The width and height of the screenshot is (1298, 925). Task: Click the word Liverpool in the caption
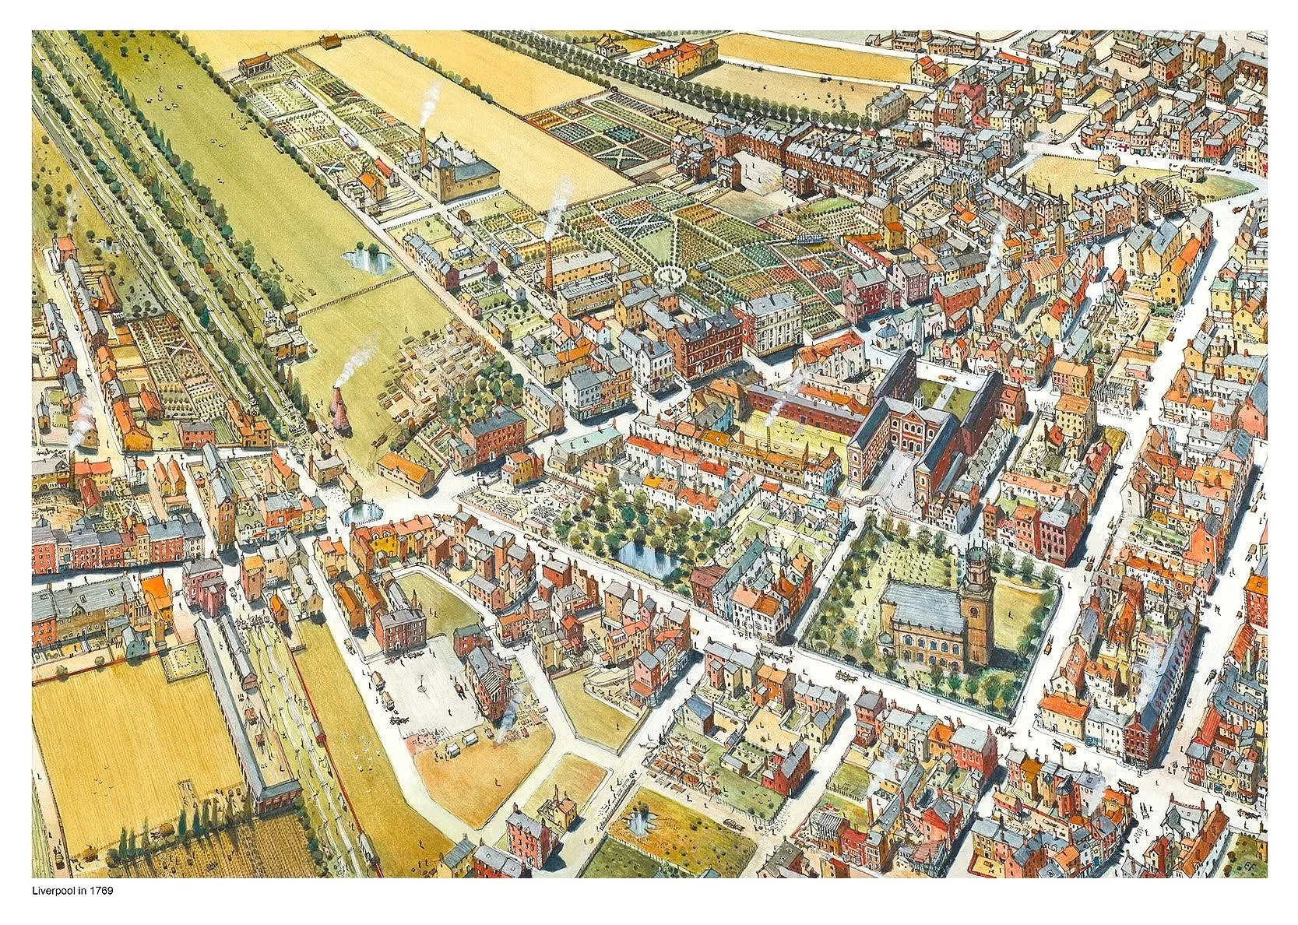(x=55, y=890)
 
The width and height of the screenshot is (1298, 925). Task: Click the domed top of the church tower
(x=976, y=554)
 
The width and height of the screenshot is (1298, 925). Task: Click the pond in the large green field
(x=367, y=259)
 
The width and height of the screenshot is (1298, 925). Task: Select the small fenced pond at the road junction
(x=361, y=512)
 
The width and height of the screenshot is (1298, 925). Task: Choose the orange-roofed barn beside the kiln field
(x=406, y=472)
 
